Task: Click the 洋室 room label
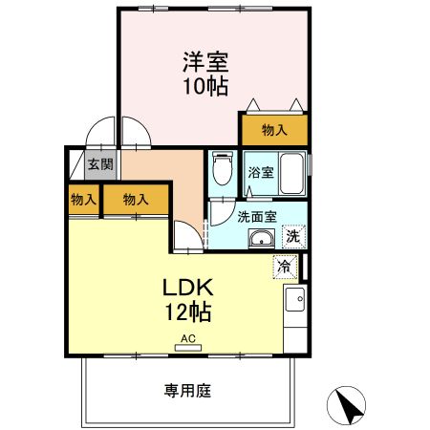205,62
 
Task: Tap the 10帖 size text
205,86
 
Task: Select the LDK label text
188,288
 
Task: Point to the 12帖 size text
188,312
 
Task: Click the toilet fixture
223,168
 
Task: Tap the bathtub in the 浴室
291,173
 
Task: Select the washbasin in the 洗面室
262,238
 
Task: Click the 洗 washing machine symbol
293,236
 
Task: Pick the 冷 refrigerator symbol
285,267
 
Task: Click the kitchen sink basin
295,299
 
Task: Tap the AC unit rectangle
188,348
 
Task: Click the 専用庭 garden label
188,391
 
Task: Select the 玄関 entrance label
100,164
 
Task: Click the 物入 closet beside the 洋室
274,130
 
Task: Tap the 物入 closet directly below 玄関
84,200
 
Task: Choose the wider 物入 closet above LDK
136,200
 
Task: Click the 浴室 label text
261,173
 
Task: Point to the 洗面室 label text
257,217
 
